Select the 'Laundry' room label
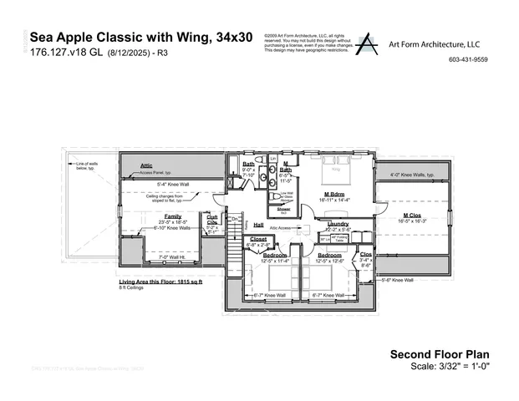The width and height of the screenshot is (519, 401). tap(338, 224)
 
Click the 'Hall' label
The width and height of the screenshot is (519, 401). tap(258, 225)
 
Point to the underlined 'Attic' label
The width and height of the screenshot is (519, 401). tap(147, 165)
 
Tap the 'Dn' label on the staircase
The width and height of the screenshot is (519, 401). tap(235, 220)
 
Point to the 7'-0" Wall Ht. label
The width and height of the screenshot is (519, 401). tap(161, 257)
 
